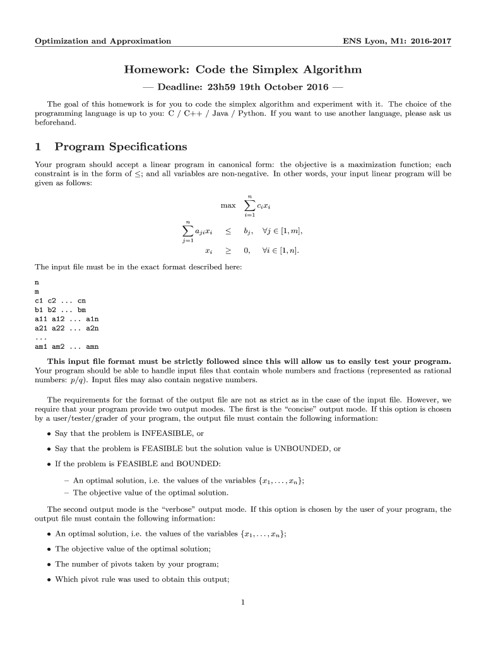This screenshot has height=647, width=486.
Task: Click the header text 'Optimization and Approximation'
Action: click(102, 41)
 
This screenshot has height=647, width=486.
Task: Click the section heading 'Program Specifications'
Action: click(121, 147)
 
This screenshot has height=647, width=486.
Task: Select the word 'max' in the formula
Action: click(228, 205)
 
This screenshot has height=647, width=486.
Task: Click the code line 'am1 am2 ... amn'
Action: click(66, 346)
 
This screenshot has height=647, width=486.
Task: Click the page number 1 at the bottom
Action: click(242, 602)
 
